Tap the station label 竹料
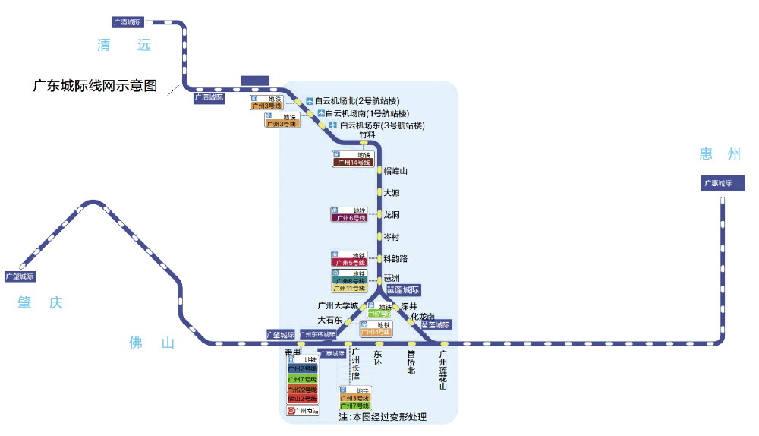pos(367,135)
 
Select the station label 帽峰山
pos(395,171)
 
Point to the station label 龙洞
pos(392,215)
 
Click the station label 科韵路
pos(395,259)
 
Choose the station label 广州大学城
pos(337,305)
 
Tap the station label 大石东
pos(329,320)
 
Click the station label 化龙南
pos(423,316)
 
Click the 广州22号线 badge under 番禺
pos(302,390)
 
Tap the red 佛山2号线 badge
pos(302,400)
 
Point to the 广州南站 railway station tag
pos(302,411)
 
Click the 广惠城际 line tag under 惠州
pos(717,183)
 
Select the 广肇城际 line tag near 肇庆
pos(20,276)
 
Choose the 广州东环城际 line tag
pos(317,334)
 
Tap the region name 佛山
pos(152,343)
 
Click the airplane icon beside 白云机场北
pos(310,101)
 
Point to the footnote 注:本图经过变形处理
pos(383,417)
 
